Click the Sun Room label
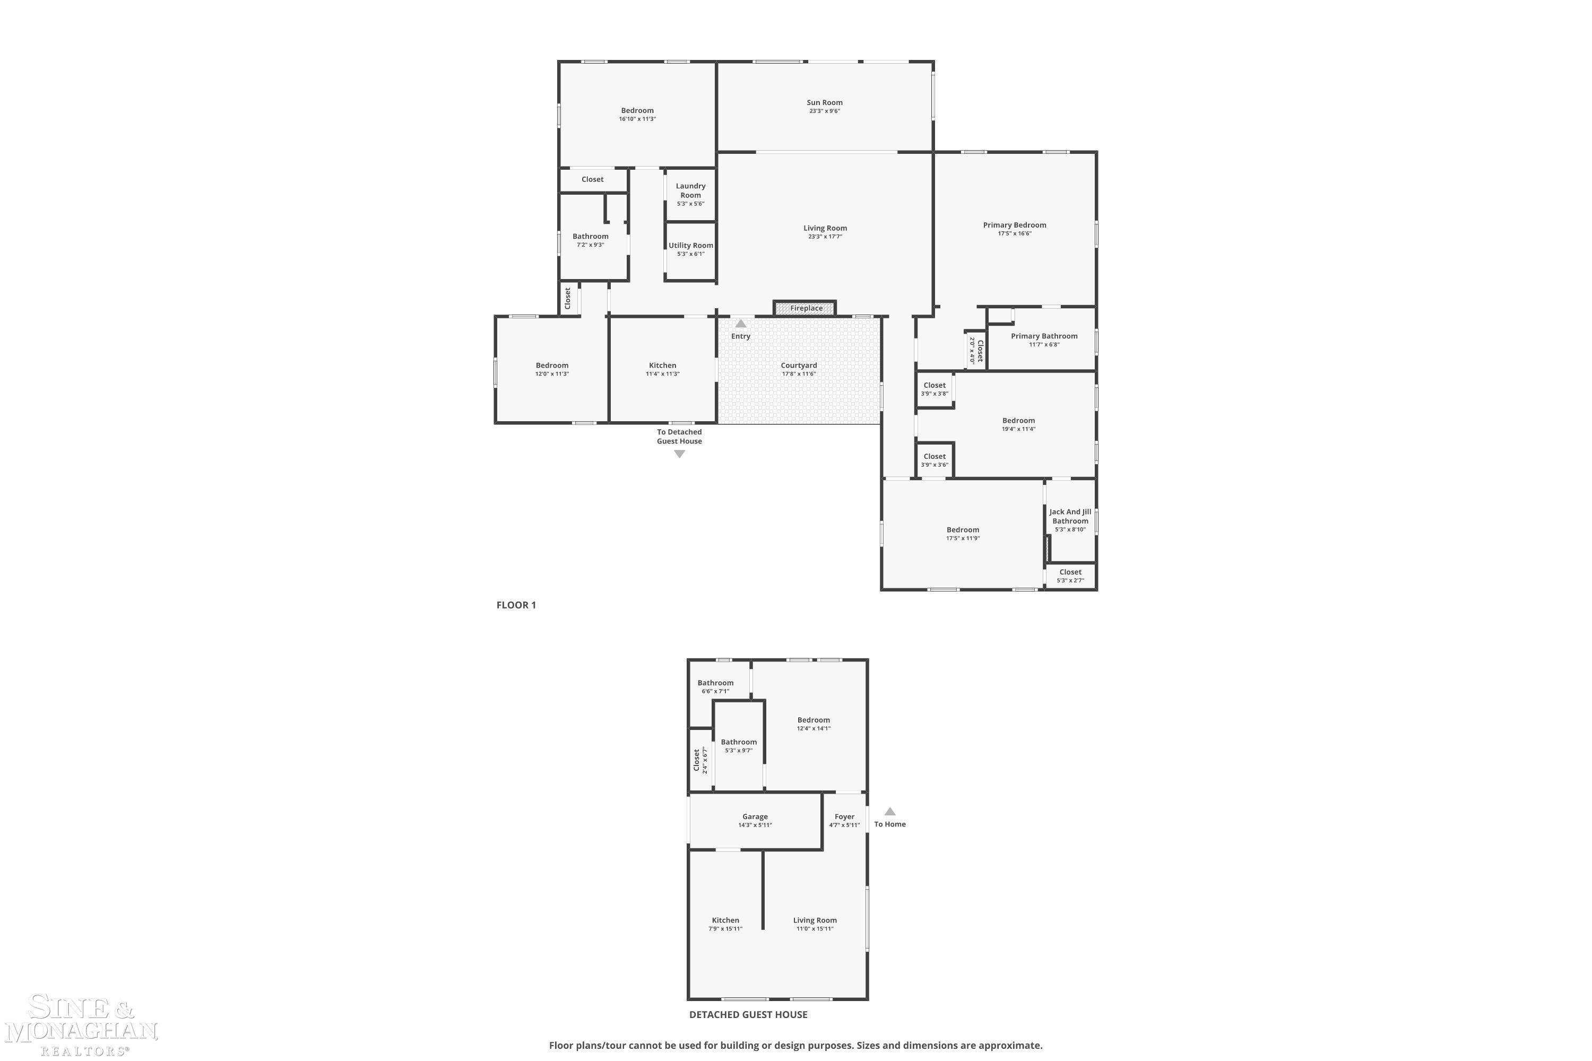[x=825, y=103]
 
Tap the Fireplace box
[x=805, y=308]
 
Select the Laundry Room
[x=690, y=194]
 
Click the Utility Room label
[x=690, y=246]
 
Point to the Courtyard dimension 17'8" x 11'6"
[x=799, y=374]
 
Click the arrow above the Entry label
[x=740, y=324]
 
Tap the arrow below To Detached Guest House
[x=679, y=454]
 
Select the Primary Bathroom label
[x=1044, y=336]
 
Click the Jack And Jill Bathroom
[x=1070, y=520]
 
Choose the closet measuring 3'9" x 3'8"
[x=935, y=390]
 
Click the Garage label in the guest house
[x=755, y=817]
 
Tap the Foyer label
[x=844, y=817]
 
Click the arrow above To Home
[x=890, y=811]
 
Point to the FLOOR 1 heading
[x=516, y=605]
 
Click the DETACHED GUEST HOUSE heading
[x=748, y=1014]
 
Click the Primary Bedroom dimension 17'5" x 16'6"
[x=1015, y=234]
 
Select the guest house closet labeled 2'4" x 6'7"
[x=700, y=760]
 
